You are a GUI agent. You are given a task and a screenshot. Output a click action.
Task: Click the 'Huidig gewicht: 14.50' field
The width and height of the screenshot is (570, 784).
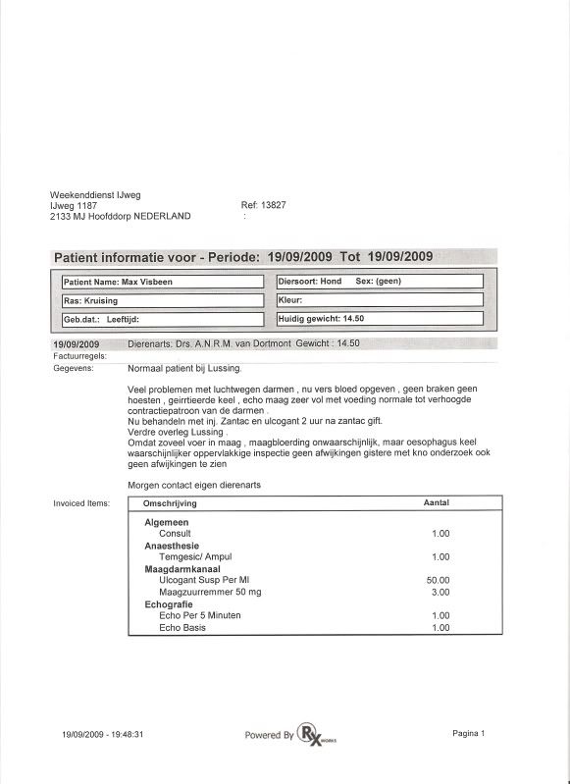[380, 319]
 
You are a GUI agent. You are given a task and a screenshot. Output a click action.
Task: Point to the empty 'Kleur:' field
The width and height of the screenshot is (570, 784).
[380, 300]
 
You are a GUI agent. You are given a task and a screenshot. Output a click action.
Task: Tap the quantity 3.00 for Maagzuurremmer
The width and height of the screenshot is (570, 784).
[440, 593]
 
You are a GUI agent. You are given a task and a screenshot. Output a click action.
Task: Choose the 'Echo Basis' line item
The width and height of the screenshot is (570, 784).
[182, 627]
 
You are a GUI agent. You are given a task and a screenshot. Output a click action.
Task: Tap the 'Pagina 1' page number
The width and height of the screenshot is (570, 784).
[469, 733]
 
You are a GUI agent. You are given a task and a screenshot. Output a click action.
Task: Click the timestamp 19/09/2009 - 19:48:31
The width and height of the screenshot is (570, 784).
[103, 734]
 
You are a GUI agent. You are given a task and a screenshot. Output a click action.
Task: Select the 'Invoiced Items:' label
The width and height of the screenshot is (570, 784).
[81, 503]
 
